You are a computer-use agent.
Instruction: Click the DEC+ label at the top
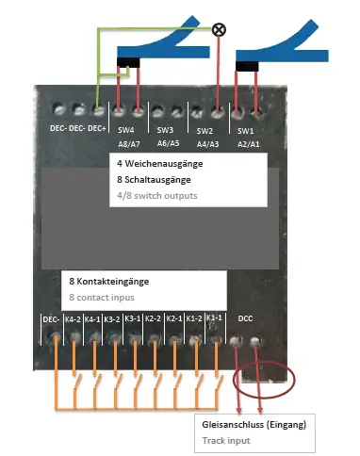click(x=96, y=128)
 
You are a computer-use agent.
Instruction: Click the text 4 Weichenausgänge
click(x=153, y=164)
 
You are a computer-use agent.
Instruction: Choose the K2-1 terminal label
click(x=173, y=319)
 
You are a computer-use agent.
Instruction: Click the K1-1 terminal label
click(x=215, y=319)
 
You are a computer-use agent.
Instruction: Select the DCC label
click(x=246, y=319)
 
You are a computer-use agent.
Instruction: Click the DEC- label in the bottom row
click(x=51, y=319)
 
